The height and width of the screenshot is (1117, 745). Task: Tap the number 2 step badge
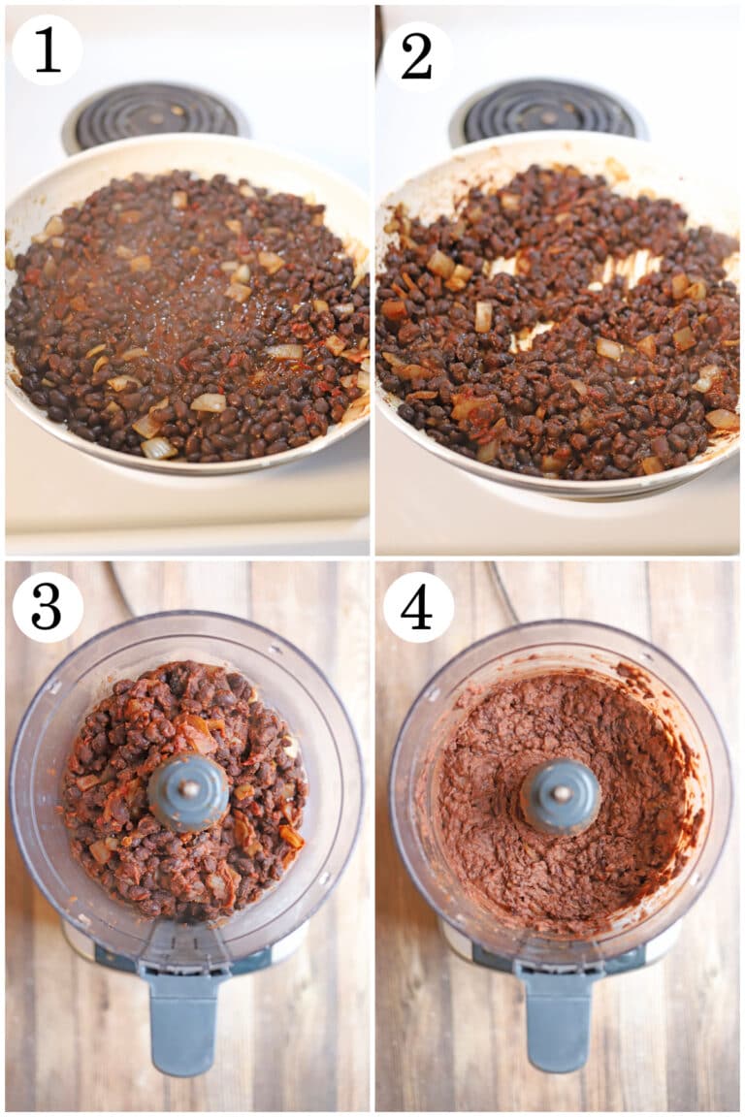(416, 55)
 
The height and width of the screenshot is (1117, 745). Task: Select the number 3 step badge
(47, 607)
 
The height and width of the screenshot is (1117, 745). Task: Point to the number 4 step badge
(417, 607)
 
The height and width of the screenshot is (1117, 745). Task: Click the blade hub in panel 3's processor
(188, 790)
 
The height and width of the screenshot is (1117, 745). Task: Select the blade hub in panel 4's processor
(560, 795)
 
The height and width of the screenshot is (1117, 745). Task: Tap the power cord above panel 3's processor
(120, 586)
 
